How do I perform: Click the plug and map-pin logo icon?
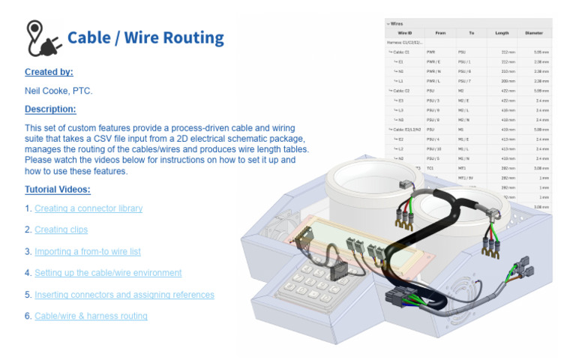coord(43,38)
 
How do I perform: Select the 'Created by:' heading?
coord(49,72)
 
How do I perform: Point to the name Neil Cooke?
coord(46,91)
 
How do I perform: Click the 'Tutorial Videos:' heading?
coord(57,190)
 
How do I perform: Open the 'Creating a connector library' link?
coord(88,208)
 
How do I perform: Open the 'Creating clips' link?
coord(61,229)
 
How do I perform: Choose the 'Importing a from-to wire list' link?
coord(88,251)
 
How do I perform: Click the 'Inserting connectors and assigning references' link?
coord(124,295)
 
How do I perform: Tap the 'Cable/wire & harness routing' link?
coord(91,316)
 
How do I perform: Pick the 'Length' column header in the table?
coord(501,33)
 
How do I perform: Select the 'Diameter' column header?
coord(534,33)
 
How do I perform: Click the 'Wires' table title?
coord(397,23)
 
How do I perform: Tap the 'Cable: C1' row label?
coord(399,52)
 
